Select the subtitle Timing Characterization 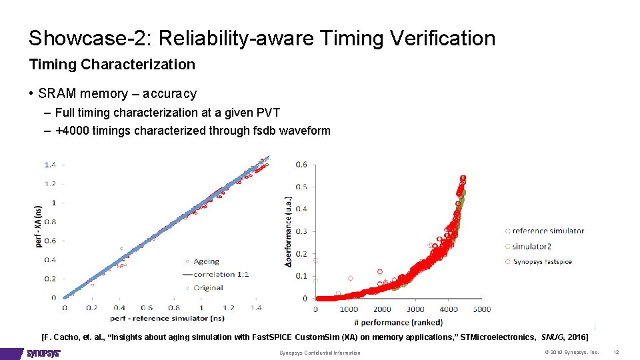coord(112,65)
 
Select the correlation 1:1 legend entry coord(221,274)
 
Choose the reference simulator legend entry coord(547,231)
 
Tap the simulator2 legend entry coord(531,247)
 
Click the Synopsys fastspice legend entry coord(542,262)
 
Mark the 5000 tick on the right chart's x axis coord(481,309)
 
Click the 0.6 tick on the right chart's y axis coord(301,165)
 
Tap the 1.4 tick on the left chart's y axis coord(50,164)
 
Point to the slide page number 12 coord(616,352)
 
